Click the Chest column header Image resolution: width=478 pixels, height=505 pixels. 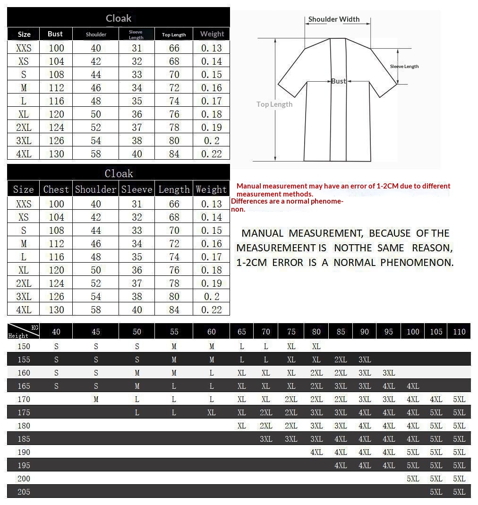(x=56, y=189)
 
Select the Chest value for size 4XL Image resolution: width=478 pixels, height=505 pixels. (x=56, y=309)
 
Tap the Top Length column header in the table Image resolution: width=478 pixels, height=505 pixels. (x=174, y=34)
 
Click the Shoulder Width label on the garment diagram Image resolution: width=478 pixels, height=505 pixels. (x=334, y=19)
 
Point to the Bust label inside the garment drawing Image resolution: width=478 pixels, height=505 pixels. (x=338, y=81)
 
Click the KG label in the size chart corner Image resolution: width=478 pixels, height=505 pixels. (x=34, y=327)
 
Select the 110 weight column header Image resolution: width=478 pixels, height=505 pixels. (x=459, y=332)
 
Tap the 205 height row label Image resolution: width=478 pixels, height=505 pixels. (x=24, y=492)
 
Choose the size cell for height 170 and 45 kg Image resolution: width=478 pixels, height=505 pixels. (x=96, y=399)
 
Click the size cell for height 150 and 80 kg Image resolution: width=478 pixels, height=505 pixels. (x=316, y=346)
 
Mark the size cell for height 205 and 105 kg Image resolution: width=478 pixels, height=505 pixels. (x=436, y=492)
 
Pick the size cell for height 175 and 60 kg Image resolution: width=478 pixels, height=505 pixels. (x=211, y=412)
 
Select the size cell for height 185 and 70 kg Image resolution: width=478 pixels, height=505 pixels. (x=266, y=439)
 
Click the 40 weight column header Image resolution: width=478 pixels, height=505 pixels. (x=56, y=332)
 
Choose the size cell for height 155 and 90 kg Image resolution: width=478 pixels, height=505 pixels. (x=365, y=359)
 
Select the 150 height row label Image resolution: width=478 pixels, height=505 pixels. (x=24, y=346)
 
